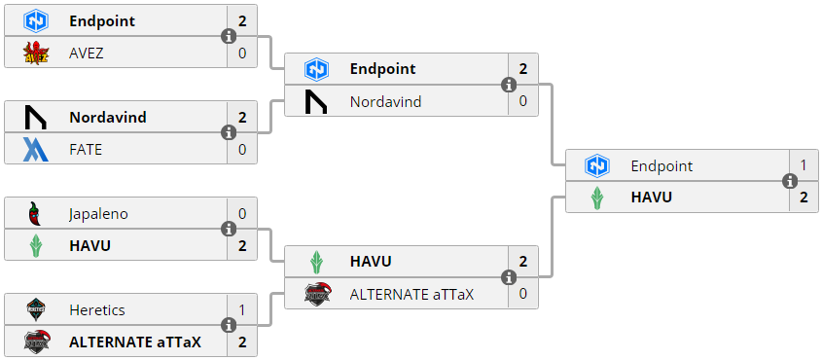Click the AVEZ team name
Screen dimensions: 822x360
(86, 53)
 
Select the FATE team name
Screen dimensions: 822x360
(86, 149)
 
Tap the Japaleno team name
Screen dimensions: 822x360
(98, 214)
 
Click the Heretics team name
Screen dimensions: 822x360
(97, 310)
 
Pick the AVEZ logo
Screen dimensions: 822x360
(36, 53)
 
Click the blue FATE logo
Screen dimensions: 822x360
(36, 149)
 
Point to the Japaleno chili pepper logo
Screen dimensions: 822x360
(36, 214)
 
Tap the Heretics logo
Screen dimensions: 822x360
(36, 310)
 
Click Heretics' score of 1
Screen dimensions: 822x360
(242, 310)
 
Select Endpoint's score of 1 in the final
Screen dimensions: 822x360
(804, 165)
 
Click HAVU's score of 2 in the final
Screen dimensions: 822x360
(804, 198)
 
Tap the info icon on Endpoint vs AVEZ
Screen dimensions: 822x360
(229, 36)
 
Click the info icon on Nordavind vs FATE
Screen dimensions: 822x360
(229, 132)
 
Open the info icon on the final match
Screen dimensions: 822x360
(790, 181)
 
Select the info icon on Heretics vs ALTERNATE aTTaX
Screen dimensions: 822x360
(229, 325)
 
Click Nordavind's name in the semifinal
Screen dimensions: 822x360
(386, 101)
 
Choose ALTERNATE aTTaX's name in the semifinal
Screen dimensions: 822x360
(411, 294)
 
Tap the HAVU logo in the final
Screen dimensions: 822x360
(597, 198)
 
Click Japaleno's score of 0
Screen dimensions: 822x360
(242, 214)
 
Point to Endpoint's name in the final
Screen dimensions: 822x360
(661, 166)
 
